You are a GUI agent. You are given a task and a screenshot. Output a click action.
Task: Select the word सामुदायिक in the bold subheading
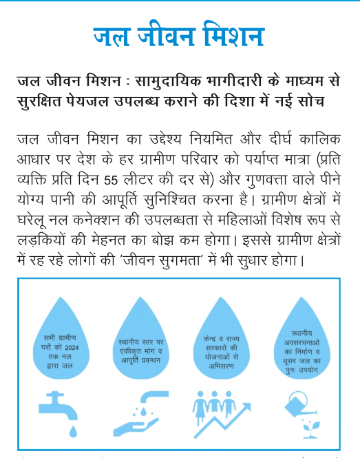pos(170,81)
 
